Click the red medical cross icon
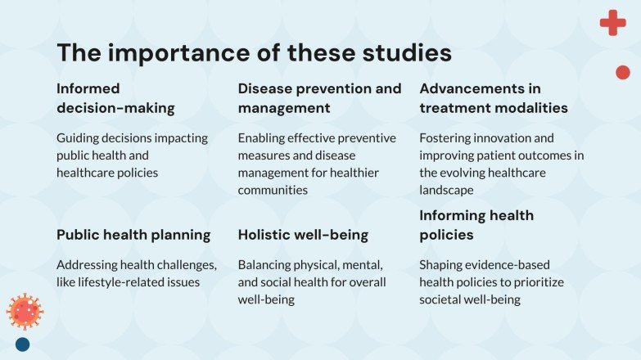click(x=612, y=23)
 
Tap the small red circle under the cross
click(x=622, y=72)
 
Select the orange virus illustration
click(x=25, y=311)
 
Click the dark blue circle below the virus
click(x=23, y=344)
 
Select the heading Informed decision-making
click(x=115, y=98)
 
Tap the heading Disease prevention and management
click(x=319, y=98)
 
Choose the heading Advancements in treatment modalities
click(x=494, y=98)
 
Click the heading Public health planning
click(x=133, y=235)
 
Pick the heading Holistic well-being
click(x=302, y=235)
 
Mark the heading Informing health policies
click(x=476, y=225)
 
